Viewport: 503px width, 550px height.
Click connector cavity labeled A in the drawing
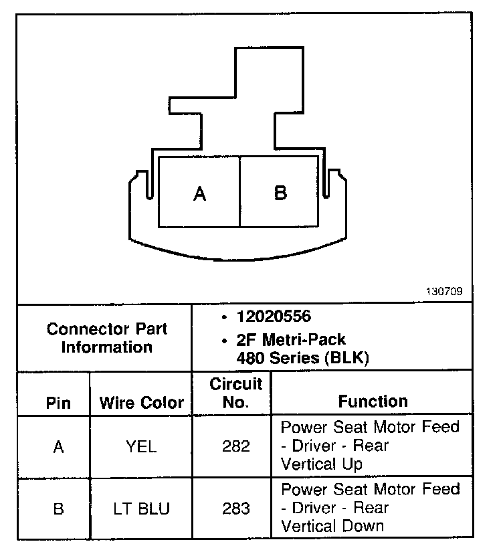(199, 193)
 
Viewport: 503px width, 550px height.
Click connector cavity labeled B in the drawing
(280, 193)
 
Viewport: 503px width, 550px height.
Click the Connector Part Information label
(107, 338)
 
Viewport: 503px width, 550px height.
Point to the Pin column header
(58, 403)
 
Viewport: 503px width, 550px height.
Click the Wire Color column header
(141, 403)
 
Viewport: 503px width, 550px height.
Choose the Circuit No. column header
(235, 393)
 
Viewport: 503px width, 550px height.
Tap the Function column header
(373, 401)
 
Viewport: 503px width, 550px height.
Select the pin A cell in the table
(58, 446)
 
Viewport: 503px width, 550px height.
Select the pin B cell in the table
(58, 509)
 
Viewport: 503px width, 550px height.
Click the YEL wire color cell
(141, 446)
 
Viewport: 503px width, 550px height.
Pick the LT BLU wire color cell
(141, 509)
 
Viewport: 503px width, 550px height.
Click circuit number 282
(235, 446)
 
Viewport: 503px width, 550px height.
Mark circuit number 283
(235, 509)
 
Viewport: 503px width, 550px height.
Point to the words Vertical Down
(332, 526)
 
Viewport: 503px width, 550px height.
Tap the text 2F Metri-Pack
(291, 340)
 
